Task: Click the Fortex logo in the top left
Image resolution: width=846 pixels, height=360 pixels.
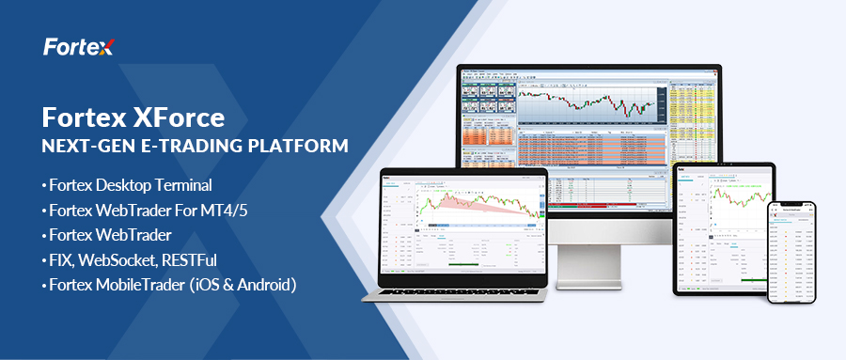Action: click(x=78, y=47)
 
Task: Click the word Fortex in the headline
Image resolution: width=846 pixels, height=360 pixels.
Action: click(x=82, y=118)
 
